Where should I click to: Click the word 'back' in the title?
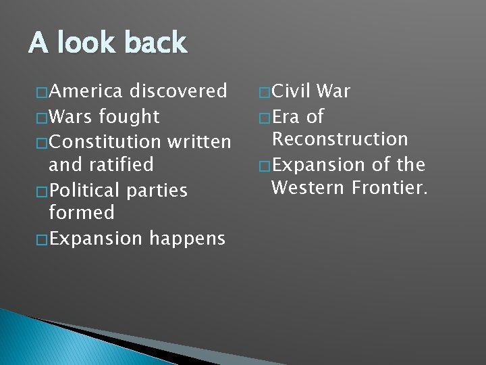[x=155, y=43]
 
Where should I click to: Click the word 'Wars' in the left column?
[x=72, y=116]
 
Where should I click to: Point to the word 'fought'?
[x=129, y=116]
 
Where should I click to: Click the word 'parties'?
[x=157, y=190]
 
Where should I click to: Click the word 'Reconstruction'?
[x=340, y=139]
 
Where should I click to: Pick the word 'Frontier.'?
[x=390, y=187]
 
